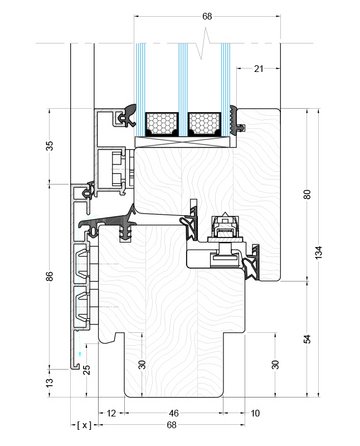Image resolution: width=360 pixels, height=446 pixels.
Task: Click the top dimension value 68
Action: click(x=207, y=16)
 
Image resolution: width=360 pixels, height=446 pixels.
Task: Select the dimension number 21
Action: click(x=259, y=69)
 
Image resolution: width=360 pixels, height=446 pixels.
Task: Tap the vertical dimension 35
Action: click(x=49, y=146)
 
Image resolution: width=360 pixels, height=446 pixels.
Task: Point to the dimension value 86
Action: click(x=49, y=276)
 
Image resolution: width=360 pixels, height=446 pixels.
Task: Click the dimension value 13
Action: click(x=49, y=383)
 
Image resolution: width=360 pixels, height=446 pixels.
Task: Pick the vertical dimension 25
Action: click(x=87, y=370)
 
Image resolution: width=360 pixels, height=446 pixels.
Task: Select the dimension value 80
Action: click(x=307, y=194)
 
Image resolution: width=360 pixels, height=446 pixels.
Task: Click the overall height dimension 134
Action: click(x=319, y=253)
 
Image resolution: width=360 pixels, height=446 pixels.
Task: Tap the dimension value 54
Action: click(x=307, y=339)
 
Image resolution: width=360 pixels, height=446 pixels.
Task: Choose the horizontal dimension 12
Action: click(x=111, y=413)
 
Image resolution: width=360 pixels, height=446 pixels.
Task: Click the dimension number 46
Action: click(x=174, y=413)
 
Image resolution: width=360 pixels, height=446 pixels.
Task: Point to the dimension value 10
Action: click(x=255, y=413)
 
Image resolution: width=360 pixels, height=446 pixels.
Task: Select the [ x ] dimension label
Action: click(x=84, y=425)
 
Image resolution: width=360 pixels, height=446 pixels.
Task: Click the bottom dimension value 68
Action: click(x=171, y=425)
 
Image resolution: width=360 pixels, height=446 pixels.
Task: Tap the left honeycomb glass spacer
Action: click(x=162, y=124)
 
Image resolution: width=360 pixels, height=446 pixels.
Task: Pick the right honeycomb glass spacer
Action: click(x=204, y=124)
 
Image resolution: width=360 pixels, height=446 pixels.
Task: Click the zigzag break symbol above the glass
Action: click(x=204, y=43)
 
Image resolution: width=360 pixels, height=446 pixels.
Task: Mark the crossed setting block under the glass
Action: click(x=186, y=142)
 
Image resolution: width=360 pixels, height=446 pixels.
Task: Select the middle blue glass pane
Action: click(x=183, y=90)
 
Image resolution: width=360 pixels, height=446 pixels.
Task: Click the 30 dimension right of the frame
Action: click(x=275, y=364)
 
